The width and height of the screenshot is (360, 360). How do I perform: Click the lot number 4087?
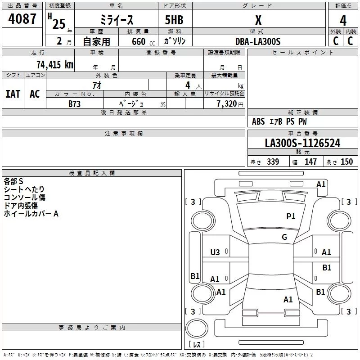coord(23,19)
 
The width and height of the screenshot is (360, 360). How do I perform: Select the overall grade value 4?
coord(343,20)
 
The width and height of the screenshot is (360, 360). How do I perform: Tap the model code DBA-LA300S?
coord(258,41)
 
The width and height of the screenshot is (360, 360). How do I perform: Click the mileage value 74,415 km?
coord(54,65)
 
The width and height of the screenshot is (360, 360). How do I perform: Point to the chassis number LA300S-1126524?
coord(302,144)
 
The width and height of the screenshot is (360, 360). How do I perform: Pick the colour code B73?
coord(75,103)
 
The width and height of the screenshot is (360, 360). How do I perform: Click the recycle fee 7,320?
coord(226,104)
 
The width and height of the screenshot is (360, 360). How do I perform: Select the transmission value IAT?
coord(13,94)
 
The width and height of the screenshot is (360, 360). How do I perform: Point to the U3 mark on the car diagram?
coord(215,252)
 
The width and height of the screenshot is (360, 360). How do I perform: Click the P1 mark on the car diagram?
coord(291,216)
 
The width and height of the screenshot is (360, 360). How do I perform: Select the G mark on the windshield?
coord(284,237)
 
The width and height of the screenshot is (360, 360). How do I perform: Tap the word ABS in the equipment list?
coord(258,121)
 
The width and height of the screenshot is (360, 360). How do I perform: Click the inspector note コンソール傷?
coord(24,198)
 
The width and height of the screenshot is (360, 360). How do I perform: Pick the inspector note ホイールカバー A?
coord(31,214)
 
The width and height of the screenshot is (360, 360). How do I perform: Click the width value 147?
coord(310,162)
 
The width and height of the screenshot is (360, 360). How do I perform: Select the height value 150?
coord(346,162)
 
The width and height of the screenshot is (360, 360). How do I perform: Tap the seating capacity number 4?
coord(187,85)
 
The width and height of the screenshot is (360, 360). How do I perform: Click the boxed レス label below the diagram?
coord(197,345)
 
